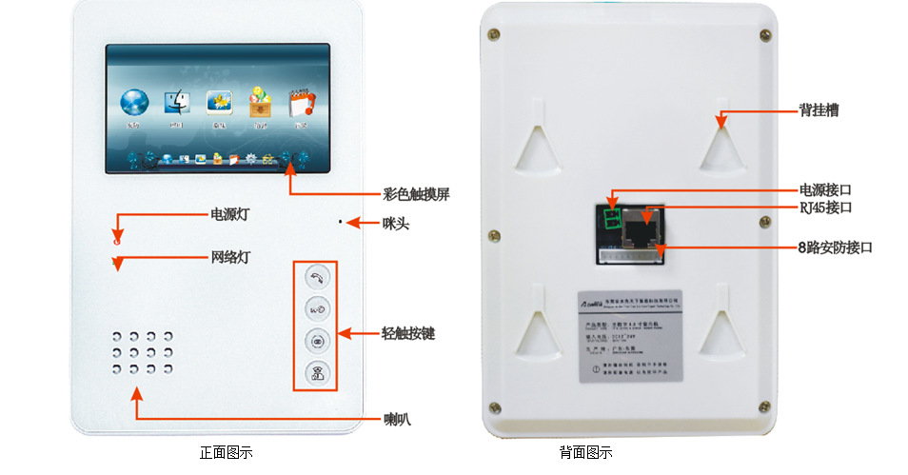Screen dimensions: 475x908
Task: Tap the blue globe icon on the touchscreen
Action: [x=134, y=103]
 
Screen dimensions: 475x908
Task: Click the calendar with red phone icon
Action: [x=299, y=103]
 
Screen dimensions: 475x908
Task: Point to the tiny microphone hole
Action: [x=339, y=223]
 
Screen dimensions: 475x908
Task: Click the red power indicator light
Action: [x=117, y=241]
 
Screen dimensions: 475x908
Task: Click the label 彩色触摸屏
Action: [x=416, y=194]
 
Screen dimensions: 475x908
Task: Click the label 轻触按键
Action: [x=408, y=334]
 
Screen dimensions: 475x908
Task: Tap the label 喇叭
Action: [x=398, y=419]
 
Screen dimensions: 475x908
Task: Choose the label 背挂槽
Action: [x=819, y=110]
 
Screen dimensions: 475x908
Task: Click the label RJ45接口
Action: [x=824, y=208]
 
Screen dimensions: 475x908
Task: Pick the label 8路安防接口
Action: [x=834, y=247]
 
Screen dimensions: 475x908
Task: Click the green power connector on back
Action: [x=610, y=219]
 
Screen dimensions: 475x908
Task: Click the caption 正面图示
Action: [x=226, y=453]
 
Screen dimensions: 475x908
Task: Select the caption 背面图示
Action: [x=585, y=453]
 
